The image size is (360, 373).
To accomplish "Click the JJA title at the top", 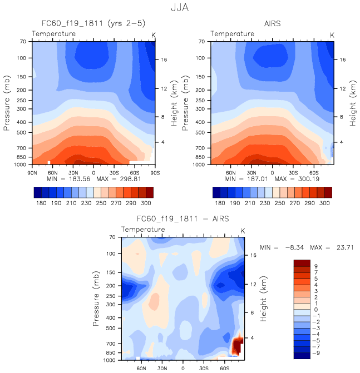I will coord(180,8).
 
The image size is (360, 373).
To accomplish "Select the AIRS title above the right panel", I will coord(273,24).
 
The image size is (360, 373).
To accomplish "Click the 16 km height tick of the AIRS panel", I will coord(344,59).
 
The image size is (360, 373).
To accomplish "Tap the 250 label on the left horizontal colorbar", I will coord(97,204).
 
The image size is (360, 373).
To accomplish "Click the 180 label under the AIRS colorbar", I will coord(221,204).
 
